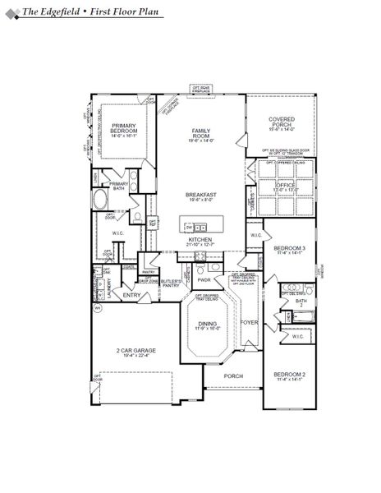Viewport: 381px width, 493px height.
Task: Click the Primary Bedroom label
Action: [123, 128]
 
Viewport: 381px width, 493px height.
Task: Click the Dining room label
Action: [208, 324]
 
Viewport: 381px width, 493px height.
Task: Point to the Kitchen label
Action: [200, 239]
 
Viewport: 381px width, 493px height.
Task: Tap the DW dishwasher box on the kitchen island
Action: [190, 225]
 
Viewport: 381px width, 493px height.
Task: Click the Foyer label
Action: [250, 322]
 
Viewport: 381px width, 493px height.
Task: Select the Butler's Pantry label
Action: [171, 283]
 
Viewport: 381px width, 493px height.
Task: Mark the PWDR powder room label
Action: [204, 279]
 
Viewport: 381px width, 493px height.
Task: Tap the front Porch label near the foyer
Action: [234, 377]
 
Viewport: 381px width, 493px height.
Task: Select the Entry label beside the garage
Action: [132, 294]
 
